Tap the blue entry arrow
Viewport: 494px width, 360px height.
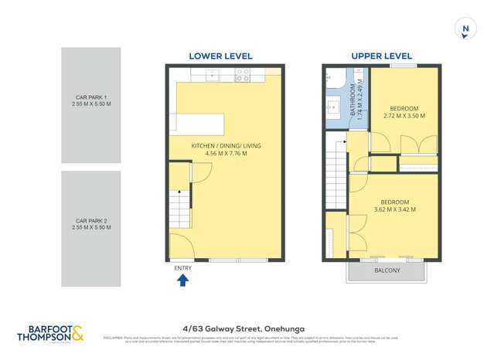pos(183,280)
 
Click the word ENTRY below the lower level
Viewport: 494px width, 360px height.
pos(183,268)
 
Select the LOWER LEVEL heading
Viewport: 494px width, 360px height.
pos(216,56)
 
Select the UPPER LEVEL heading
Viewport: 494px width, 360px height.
pos(381,56)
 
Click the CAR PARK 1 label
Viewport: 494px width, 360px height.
pos(91,98)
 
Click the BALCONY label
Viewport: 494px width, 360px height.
pos(387,270)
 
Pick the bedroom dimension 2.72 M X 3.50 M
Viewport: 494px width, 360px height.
pos(404,116)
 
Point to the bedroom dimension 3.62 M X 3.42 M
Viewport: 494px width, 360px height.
pos(394,209)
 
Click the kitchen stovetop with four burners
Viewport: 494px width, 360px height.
pos(242,75)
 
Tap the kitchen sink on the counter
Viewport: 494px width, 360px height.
pos(212,75)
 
